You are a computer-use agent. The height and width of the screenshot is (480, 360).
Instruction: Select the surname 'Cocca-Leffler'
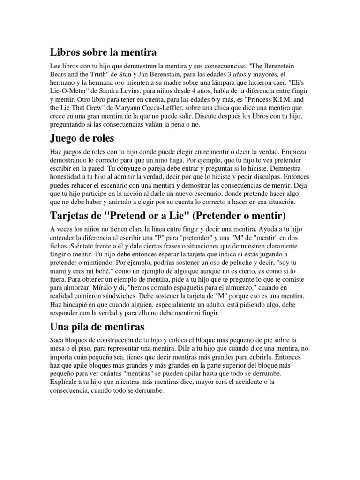click(x=183, y=106)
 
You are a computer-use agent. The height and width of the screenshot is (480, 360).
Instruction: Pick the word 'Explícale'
click(x=65, y=383)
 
